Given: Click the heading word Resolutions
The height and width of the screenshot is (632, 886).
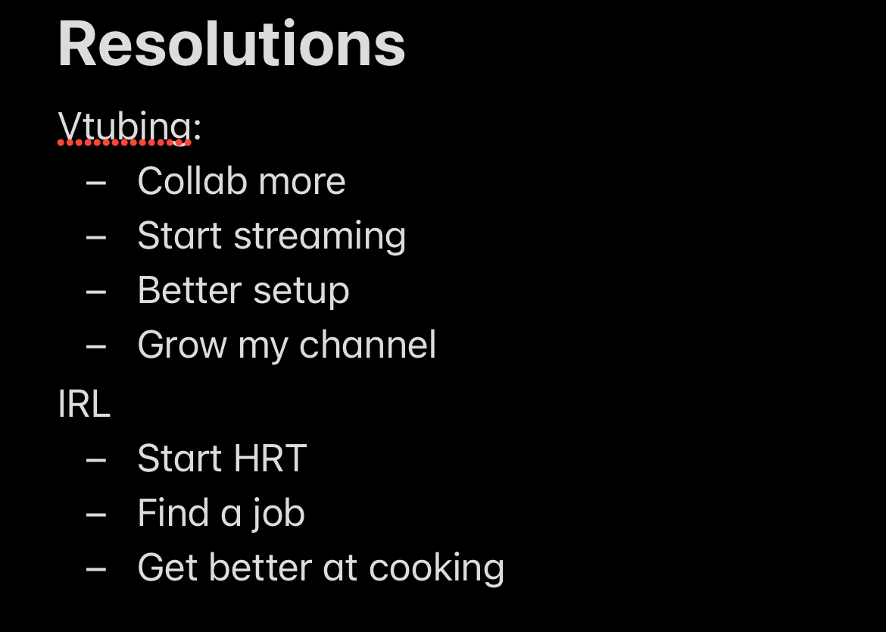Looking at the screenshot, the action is [x=232, y=44].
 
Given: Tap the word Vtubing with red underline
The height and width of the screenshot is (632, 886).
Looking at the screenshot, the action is [x=124, y=127].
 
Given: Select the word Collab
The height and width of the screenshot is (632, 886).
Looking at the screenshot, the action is [x=192, y=181].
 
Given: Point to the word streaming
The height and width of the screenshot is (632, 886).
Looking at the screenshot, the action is [x=320, y=236].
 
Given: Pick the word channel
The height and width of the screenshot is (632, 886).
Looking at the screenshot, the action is [x=367, y=344].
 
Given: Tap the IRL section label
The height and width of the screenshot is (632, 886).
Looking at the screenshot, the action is [x=84, y=404].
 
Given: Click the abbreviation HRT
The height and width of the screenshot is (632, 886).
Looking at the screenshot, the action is [x=270, y=458].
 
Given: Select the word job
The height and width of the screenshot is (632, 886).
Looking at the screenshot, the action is [x=279, y=514].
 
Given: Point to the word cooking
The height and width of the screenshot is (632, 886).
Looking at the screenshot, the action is [x=436, y=568].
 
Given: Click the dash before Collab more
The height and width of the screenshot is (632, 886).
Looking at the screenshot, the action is [x=96, y=183].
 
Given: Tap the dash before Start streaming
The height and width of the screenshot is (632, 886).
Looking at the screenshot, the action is [x=96, y=237].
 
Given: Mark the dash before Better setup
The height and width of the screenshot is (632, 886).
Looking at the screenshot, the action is [x=96, y=293].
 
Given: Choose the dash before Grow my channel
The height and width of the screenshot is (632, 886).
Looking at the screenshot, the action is [x=96, y=346].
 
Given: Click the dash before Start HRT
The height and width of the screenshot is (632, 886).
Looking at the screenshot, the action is [x=96, y=459].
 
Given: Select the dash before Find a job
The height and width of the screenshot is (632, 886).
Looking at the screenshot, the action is [x=96, y=515].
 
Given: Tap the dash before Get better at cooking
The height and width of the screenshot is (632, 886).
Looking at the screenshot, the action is [x=96, y=569].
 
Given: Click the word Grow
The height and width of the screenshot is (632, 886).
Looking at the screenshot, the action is [x=182, y=345].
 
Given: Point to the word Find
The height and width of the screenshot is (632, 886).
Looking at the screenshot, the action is [x=173, y=513].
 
